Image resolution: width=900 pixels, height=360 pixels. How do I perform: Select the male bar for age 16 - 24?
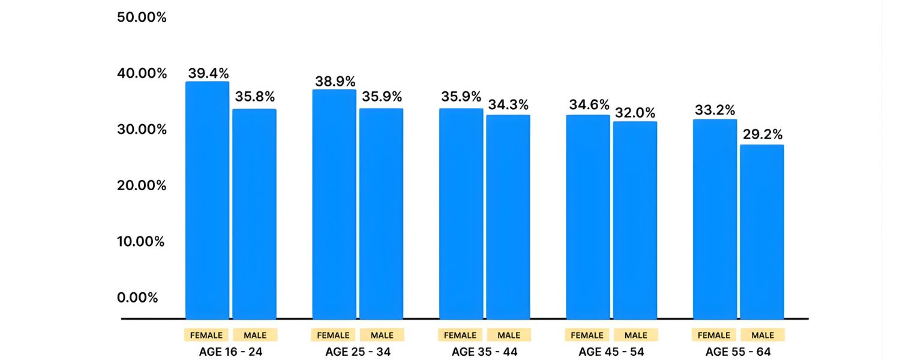coord(254,214)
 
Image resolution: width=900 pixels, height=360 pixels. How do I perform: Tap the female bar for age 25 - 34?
coord(334,204)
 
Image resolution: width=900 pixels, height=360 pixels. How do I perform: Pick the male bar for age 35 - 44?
coord(508,217)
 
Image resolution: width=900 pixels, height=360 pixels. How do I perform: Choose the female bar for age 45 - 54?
coord(588,217)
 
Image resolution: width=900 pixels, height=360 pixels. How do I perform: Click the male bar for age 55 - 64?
coord(761,232)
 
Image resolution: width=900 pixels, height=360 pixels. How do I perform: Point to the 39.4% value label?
coord(208,73)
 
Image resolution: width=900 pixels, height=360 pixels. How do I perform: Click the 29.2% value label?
coord(763,134)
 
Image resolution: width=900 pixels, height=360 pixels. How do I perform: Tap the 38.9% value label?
coord(335,82)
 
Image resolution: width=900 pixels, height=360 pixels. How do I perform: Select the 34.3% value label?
coord(508,104)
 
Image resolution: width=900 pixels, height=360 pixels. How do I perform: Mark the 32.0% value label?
coord(635,113)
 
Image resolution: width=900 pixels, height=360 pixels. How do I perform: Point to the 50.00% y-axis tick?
coord(142,17)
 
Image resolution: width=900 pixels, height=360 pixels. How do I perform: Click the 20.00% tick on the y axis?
coord(142,185)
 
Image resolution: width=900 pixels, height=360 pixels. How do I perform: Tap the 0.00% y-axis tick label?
coord(138,298)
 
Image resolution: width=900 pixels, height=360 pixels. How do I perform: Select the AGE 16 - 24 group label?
coord(230,352)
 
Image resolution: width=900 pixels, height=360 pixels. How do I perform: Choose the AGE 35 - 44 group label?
coord(485,352)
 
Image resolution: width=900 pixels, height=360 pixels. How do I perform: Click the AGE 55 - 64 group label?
coord(738,352)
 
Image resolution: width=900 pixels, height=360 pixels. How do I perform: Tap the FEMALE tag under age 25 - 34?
coord(333,335)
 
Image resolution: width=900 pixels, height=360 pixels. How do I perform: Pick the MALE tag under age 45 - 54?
coord(636,335)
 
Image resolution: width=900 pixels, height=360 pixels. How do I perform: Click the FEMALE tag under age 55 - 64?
coord(714,335)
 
